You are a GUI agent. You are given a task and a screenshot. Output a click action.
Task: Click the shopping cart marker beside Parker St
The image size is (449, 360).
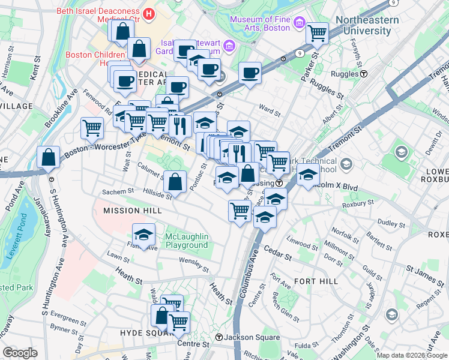click(x=317, y=34)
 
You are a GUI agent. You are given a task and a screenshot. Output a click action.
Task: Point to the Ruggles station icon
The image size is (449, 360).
click(x=364, y=74)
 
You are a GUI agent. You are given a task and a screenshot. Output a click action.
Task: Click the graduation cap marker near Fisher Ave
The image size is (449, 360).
click(x=144, y=233)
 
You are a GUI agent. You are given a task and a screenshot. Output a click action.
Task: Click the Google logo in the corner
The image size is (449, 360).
click(x=20, y=353)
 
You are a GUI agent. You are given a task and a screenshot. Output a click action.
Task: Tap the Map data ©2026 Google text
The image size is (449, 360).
click(x=411, y=355)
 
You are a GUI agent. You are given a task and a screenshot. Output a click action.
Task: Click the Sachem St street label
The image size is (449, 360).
click(x=118, y=191)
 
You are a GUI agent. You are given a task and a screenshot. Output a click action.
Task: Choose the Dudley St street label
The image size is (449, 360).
click(x=391, y=223)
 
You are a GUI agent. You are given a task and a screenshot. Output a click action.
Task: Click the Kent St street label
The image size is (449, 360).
click(x=34, y=73)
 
